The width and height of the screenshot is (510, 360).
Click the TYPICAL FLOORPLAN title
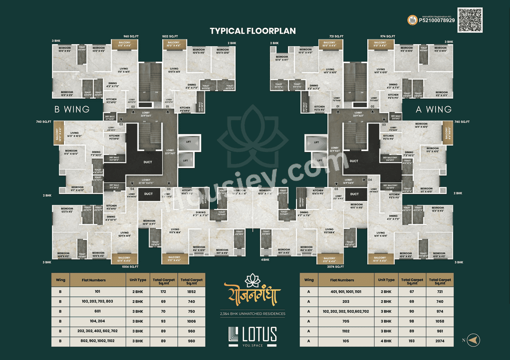[x=253, y=31]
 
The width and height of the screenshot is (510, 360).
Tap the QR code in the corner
[x=470, y=20]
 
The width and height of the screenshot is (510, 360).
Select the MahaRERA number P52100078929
[x=436, y=20]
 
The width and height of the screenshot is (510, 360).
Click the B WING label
[x=72, y=109]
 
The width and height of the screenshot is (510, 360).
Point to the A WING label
[x=433, y=109]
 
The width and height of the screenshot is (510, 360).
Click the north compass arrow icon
[x=473, y=340]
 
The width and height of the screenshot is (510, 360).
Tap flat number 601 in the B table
[x=98, y=311]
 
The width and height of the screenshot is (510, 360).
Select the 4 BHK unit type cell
[x=386, y=341]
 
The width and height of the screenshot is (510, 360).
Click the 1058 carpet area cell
[x=439, y=321]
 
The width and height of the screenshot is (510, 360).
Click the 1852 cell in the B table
[x=191, y=291]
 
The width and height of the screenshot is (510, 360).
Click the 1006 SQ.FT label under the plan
[x=130, y=266]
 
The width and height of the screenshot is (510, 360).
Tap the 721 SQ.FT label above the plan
[x=336, y=36]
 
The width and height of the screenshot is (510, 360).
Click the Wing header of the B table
[x=61, y=280]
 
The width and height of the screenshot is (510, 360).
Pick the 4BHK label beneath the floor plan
[x=265, y=260]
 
